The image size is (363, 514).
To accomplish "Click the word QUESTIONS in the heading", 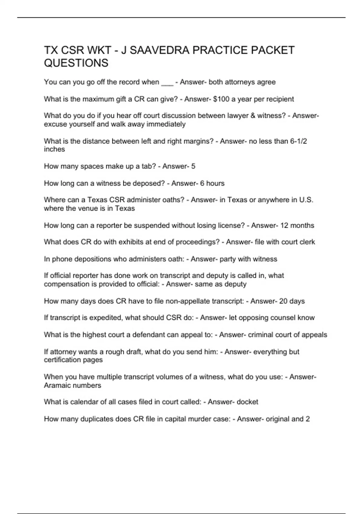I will pos(76,63).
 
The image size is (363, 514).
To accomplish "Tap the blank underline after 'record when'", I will pos(167,83).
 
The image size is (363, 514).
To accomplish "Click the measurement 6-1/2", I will pos(299,141).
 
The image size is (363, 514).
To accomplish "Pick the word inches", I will pos(54,149).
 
